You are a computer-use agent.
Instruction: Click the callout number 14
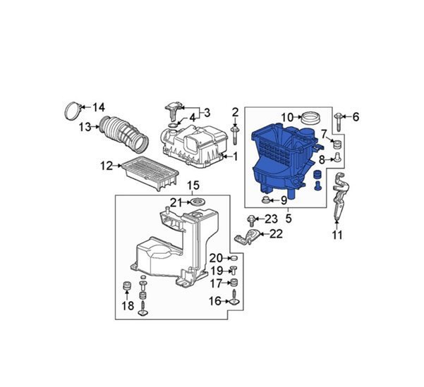pos(99,107)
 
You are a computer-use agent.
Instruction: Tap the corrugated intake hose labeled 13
pos(123,133)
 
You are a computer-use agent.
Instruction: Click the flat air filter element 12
pos(150,173)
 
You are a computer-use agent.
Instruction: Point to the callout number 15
pos(193,185)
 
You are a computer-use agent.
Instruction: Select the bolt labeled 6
pos(338,122)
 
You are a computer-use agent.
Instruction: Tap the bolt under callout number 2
pos(235,135)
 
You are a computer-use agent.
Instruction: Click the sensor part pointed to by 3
pos(173,111)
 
